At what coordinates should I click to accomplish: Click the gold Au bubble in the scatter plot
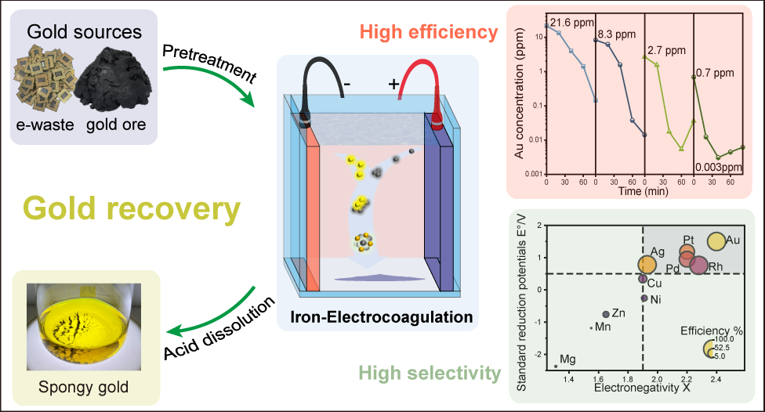pos(716,242)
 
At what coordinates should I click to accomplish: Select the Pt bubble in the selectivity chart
pos(687,251)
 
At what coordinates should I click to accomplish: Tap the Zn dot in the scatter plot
pos(606,314)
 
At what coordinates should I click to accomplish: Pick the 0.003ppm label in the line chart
pos(719,167)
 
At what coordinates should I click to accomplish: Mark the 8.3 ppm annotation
pos(615,34)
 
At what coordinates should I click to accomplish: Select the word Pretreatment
pos(208,65)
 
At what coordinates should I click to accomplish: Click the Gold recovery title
pos(131,209)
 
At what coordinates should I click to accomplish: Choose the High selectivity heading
pos(428,373)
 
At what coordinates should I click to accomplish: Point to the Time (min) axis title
pos(640,190)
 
